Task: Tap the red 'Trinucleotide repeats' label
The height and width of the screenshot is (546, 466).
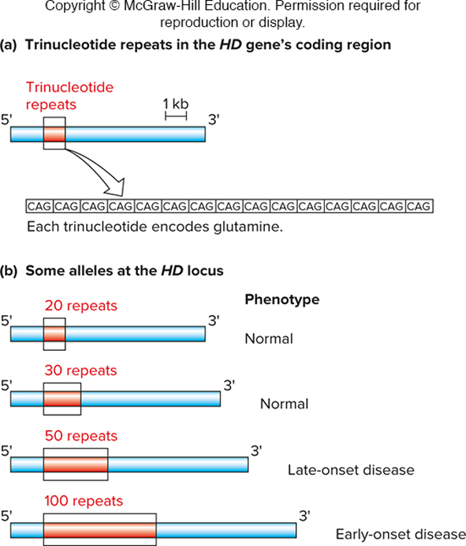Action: [70, 96]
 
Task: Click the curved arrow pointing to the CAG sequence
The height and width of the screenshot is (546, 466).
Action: [97, 169]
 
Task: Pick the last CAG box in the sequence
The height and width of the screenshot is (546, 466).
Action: [419, 205]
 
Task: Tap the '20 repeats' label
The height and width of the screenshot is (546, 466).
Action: [81, 305]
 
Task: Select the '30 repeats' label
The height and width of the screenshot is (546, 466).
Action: [81, 370]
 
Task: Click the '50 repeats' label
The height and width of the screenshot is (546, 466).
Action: [81, 436]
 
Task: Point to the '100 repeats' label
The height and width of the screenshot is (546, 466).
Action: [83, 501]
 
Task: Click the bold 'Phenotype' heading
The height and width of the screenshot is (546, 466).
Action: [281, 300]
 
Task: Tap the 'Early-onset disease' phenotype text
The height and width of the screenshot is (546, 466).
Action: [400, 534]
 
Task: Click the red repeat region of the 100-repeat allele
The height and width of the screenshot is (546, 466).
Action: [100, 530]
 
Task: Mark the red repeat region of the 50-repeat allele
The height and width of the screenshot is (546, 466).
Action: [75, 465]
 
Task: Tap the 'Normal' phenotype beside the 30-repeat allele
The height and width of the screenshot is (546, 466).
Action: [284, 404]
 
